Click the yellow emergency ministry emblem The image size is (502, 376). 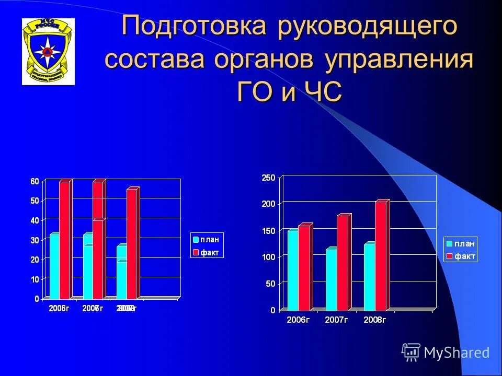48,51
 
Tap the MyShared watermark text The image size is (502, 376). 457,352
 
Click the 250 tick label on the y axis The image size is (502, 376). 268,178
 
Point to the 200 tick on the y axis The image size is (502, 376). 268,203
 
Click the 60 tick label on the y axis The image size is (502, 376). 35,181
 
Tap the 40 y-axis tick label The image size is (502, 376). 35,220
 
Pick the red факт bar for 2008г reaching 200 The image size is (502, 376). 381,256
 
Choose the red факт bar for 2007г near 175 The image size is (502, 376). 343,263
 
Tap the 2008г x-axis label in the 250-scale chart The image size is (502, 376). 374,320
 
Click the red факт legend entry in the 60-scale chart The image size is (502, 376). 206,252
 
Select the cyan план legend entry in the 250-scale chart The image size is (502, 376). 460,243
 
